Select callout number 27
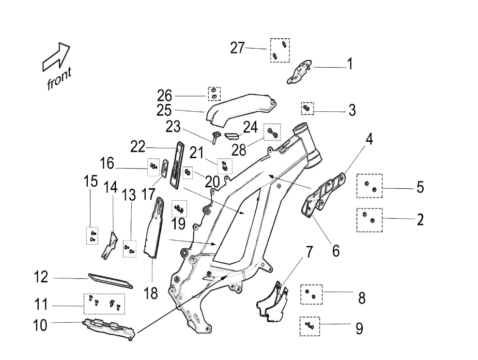coord(237,48)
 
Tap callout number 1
coord(350,64)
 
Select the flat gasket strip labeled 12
coord(111,280)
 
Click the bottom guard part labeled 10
coord(110,328)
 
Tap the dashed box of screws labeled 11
coord(104,303)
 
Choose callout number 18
coord(151,294)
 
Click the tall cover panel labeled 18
coord(156,228)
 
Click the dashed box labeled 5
coord(369,186)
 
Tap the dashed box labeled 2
coord(369,220)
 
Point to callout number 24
coord(250,127)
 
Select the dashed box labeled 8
coord(311,294)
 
